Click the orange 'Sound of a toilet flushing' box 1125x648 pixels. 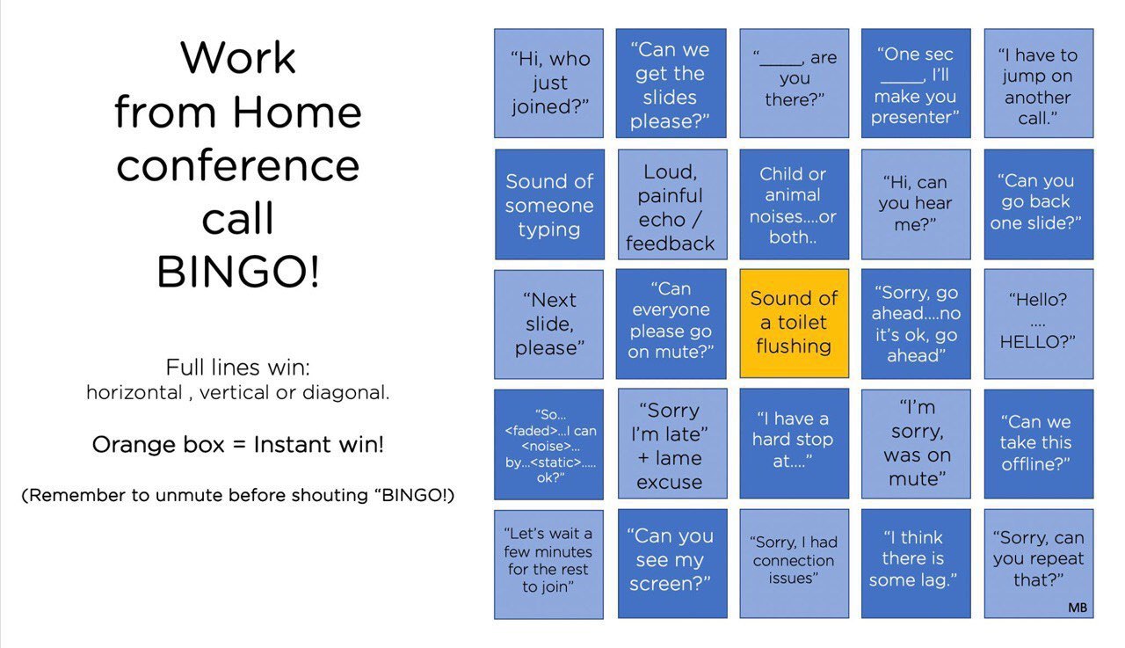pos(794,324)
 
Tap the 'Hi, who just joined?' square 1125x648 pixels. pos(549,83)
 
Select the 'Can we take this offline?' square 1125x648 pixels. pos(1039,444)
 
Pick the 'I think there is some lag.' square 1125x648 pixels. pos(916,564)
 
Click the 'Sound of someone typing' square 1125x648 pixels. pos(550,205)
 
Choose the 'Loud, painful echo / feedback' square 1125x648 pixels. pos(672,205)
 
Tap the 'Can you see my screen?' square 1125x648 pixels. pos(672,564)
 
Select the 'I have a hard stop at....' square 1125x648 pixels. pos(794,443)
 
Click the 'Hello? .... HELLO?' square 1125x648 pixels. pos(1039,324)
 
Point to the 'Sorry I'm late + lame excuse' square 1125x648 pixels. pos(672,443)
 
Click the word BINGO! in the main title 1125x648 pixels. pos(238,272)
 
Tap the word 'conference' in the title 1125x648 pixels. pos(238,165)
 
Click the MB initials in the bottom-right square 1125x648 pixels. pos(1078,608)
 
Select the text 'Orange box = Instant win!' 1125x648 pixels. pos(238,445)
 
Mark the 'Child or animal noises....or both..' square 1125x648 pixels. pos(794,205)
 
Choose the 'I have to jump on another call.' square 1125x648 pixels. pos(1039,83)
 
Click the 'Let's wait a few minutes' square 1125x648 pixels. pos(549,564)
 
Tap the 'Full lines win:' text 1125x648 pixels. pos(238,368)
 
